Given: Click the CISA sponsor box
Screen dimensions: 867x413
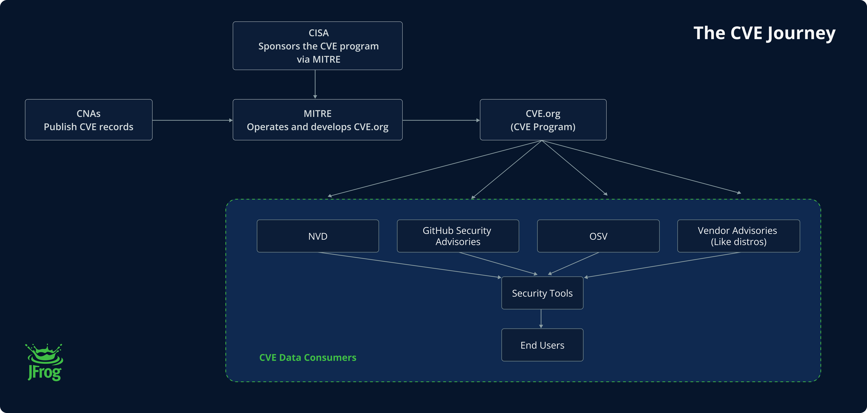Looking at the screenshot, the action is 317,46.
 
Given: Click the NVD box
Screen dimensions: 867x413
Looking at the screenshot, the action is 318,236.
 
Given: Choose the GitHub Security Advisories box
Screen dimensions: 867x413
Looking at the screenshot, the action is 458,236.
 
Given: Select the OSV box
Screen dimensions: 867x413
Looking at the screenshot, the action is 598,236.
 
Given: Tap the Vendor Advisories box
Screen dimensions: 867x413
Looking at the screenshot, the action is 738,236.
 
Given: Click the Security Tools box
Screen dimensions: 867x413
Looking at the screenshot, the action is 542,293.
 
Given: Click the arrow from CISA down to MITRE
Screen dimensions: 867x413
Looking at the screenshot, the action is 315,84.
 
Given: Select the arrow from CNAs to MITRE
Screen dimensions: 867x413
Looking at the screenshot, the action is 193,120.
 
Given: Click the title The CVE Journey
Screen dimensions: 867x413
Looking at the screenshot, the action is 764,33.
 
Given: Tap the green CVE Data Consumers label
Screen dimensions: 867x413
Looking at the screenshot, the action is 308,357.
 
